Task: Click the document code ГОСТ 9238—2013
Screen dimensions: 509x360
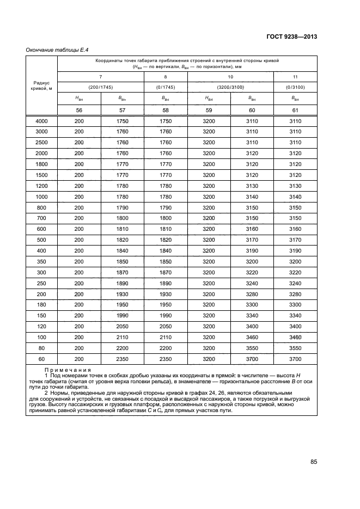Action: pyautogui.click(x=293, y=37)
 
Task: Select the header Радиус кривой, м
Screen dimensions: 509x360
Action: pyautogui.click(x=42, y=86)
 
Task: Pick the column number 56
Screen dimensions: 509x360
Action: pyautogui.click(x=79, y=110)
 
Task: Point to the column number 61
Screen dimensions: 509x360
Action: pyautogui.click(x=295, y=110)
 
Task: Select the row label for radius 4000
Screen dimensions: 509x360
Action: pyautogui.click(x=42, y=121)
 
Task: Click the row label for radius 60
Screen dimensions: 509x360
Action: pyautogui.click(x=42, y=360)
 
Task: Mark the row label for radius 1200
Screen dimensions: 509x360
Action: pyautogui.click(x=42, y=186)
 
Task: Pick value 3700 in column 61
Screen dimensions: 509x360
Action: pyautogui.click(x=295, y=360)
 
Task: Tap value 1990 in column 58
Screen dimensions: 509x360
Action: pyautogui.click(x=165, y=316)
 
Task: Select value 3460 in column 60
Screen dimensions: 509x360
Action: pyautogui.click(x=252, y=338)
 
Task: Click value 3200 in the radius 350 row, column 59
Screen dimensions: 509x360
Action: pyautogui.click(x=209, y=262)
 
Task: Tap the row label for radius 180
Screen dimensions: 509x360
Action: pyautogui.click(x=42, y=305)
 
